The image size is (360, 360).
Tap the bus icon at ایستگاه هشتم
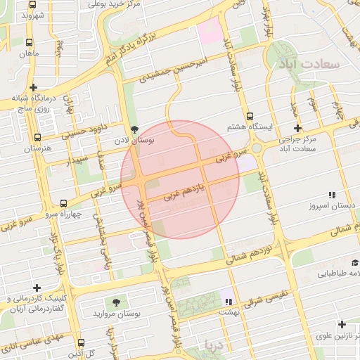coord(250,115)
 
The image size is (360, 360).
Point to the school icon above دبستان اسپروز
coord(332,194)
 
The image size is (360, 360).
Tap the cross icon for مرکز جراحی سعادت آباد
coord(297,128)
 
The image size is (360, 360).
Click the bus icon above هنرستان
coord(37,137)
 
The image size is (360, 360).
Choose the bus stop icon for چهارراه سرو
coord(63,202)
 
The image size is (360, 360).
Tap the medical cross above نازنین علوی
coord(342,325)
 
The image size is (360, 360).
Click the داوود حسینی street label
coord(84,129)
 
